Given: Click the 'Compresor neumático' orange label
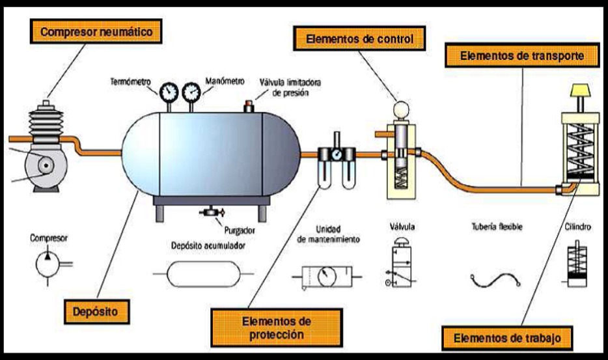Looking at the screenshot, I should pos(95,30).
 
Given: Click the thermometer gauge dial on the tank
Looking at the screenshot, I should pos(170,92).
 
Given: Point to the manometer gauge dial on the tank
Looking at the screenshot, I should pos(192,92).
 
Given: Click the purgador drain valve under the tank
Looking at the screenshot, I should pos(210,213).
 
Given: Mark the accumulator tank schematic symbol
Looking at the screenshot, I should pos(199,273).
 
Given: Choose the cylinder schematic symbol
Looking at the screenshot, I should pos(575,266).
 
